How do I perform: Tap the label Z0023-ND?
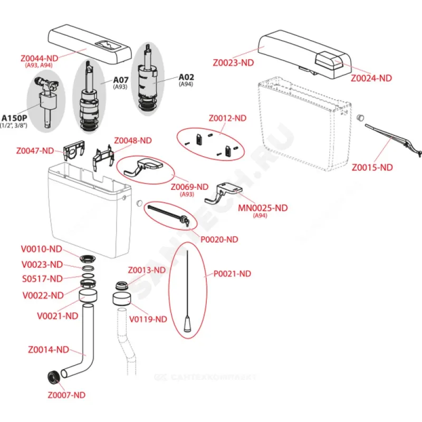coord(234,62)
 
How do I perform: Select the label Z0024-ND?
coord(372,78)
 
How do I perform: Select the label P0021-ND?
coord(232,273)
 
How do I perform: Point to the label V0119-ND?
coord(147,319)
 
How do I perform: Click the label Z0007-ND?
coord(66,395)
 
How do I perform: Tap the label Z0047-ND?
coord(35,150)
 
